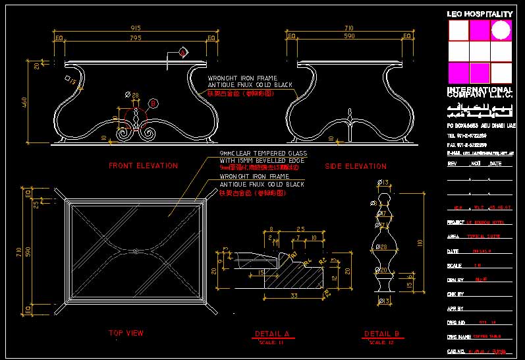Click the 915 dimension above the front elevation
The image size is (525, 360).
(136, 28)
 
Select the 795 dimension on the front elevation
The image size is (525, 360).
(136, 38)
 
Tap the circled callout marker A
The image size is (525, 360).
(182, 52)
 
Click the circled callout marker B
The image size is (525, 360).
(153, 103)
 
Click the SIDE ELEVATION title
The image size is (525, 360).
(356, 166)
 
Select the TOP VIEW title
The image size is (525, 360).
(126, 333)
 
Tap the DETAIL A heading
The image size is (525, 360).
(272, 334)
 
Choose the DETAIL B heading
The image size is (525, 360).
(381, 334)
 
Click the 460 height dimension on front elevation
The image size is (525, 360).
(25, 102)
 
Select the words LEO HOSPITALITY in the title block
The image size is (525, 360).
(480, 14)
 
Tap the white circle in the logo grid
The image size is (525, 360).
(501, 30)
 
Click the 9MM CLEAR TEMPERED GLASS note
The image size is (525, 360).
(263, 153)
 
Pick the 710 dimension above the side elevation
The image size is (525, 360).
(348, 28)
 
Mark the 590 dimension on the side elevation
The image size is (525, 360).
(348, 38)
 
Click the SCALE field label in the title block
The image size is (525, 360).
(455, 265)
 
